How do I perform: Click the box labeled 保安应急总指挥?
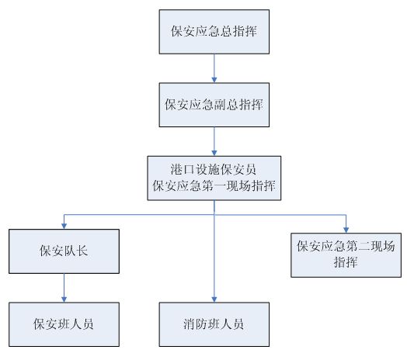pos(214,32)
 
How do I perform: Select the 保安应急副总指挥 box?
pos(214,105)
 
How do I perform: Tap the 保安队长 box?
pos(64,251)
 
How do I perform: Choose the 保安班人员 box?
pos(64,324)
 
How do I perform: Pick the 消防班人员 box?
pos(214,324)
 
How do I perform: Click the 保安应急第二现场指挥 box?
pos(346,255)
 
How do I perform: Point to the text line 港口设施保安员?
pos(214,169)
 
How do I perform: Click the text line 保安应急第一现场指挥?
pos(214,185)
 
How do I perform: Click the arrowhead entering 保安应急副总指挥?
pos(214,80)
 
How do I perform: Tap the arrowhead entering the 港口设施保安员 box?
pos(214,153)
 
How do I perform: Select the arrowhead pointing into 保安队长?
pos(64,227)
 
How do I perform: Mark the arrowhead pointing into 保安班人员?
pos(64,299)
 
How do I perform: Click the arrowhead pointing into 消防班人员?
pos(214,299)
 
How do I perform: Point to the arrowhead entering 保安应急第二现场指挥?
pos(346,230)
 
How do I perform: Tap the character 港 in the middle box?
pos(176,169)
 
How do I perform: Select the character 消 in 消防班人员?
pos(190,324)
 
